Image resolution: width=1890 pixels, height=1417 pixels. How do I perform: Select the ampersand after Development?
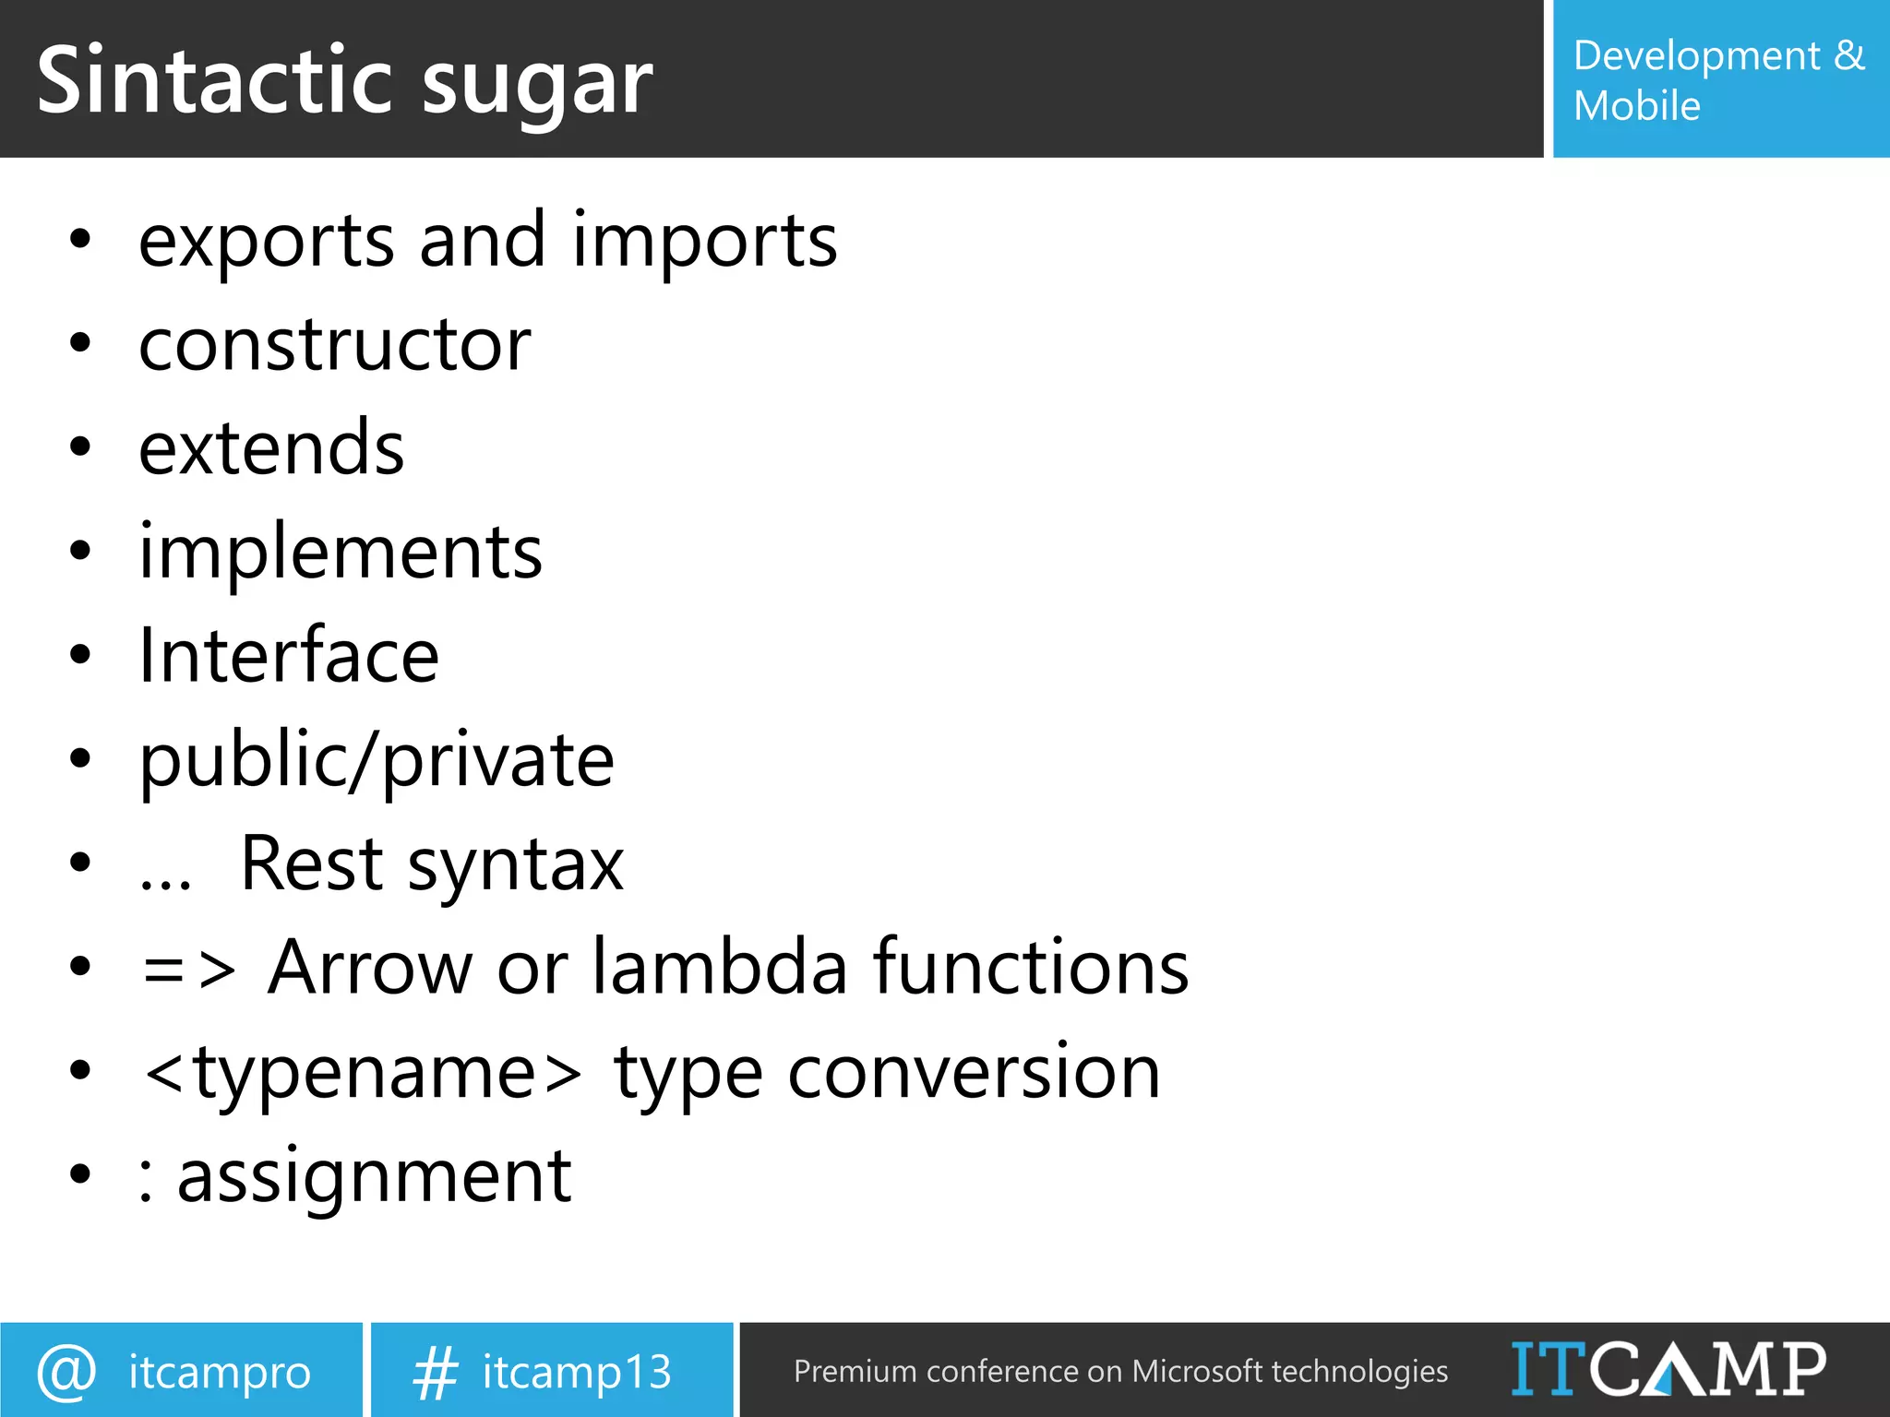click(1848, 55)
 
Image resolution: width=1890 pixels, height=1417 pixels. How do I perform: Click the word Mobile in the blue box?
click(1636, 106)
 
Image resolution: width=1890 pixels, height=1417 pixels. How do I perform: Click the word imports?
click(704, 242)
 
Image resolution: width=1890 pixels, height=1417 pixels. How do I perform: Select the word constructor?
click(334, 345)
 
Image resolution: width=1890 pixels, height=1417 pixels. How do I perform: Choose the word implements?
click(341, 554)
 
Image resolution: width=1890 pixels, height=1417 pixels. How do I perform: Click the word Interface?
click(288, 656)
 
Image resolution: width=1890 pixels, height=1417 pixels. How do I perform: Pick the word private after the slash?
click(497, 761)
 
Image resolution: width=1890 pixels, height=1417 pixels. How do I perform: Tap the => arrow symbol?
click(189, 970)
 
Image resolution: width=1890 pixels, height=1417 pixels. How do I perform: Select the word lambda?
click(719, 968)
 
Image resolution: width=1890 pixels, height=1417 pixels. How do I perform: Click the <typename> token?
click(363, 1073)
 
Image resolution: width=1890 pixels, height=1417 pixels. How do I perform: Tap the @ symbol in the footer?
click(66, 1372)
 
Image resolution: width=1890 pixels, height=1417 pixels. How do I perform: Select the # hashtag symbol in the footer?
click(435, 1372)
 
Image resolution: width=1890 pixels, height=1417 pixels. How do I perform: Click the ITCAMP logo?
click(1668, 1369)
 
